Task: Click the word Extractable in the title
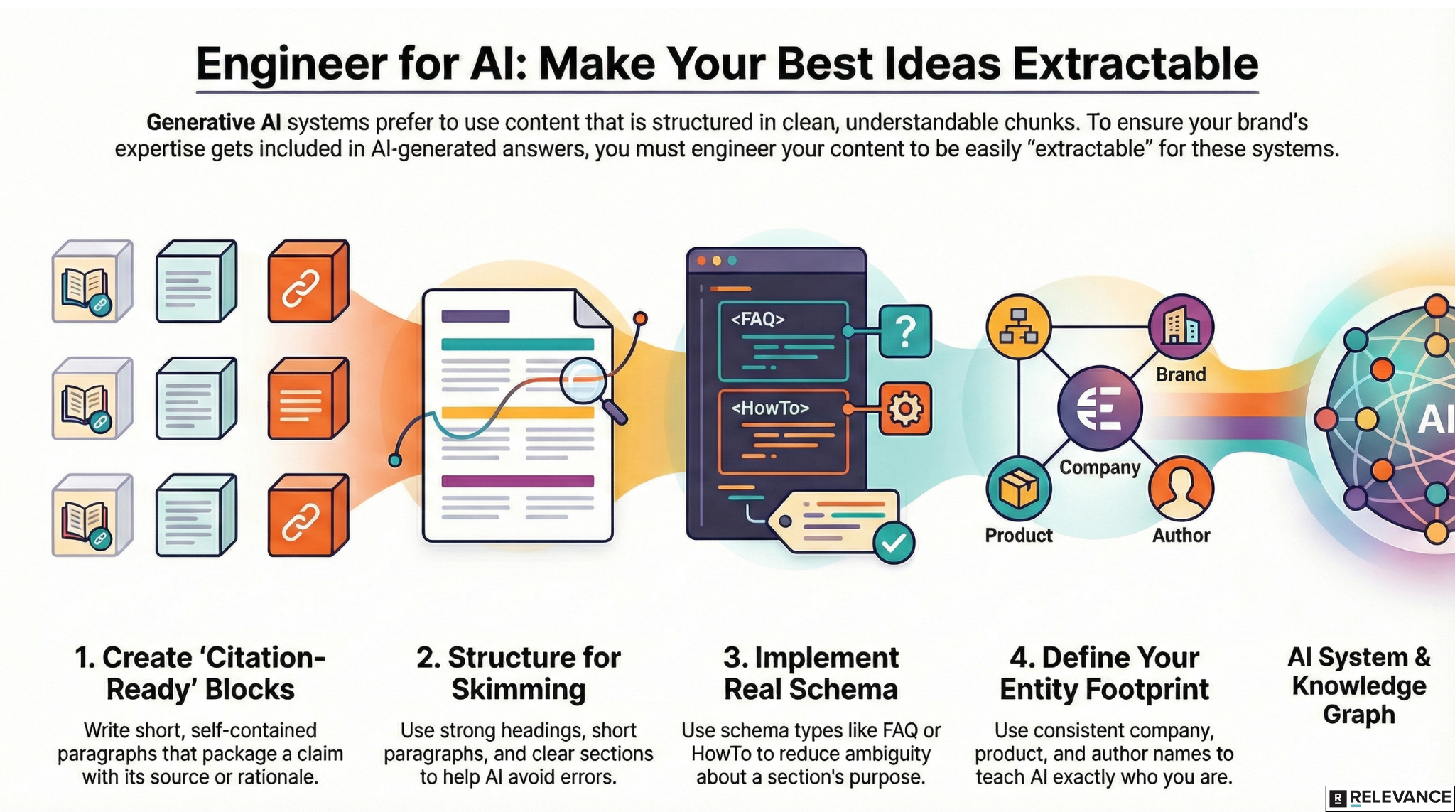(x=1135, y=64)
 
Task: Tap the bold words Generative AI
(x=213, y=123)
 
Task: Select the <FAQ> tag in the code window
(x=757, y=320)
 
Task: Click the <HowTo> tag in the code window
(x=770, y=408)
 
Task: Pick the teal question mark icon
(x=905, y=331)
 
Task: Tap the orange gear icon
(x=905, y=408)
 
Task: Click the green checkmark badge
(x=893, y=543)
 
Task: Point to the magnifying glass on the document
(x=585, y=380)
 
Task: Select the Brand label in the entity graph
(x=1181, y=374)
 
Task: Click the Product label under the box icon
(x=1019, y=535)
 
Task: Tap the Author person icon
(x=1181, y=489)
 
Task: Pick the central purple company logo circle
(x=1100, y=408)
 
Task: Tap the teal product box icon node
(x=1019, y=489)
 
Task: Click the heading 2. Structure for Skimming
(x=519, y=673)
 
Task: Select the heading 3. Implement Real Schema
(x=811, y=673)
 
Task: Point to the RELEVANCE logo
(x=1390, y=798)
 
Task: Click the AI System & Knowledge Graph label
(x=1359, y=686)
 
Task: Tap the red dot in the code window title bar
(x=702, y=261)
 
